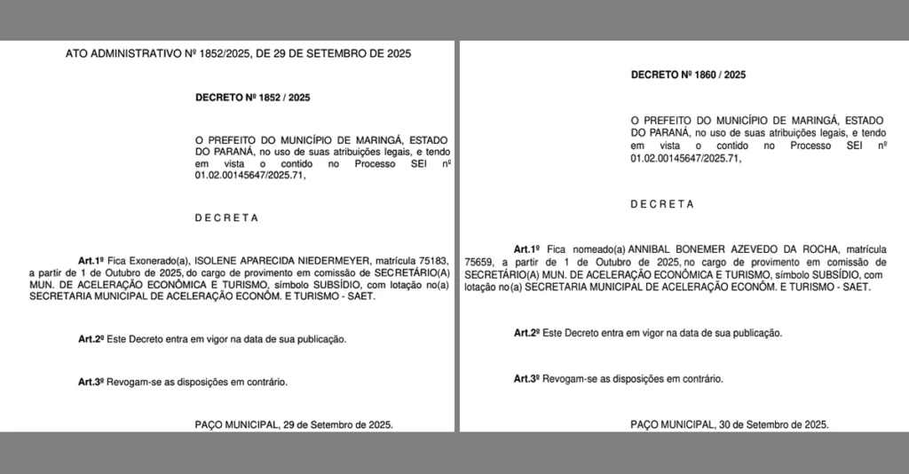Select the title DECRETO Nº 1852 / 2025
253,98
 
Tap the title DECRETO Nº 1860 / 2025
688,75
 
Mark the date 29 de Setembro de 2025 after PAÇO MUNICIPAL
342,424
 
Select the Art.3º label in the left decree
91,382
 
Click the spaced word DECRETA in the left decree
227,217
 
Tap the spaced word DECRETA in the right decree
662,204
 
